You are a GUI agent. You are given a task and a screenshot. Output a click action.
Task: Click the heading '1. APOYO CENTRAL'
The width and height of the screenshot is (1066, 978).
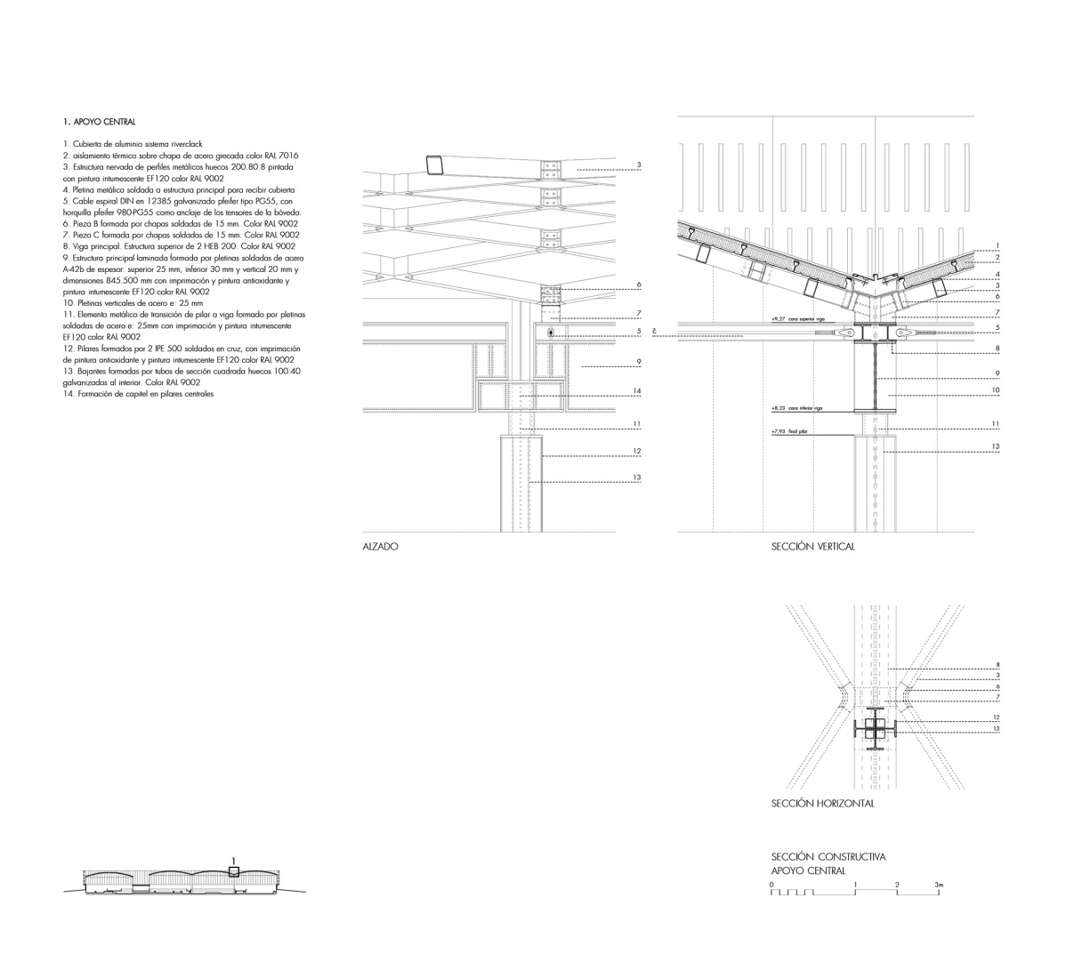pos(99,121)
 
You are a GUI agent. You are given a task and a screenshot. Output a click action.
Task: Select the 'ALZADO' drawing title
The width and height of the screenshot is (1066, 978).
pos(380,548)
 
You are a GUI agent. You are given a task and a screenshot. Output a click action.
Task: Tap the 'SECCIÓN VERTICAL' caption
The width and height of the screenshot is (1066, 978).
pos(812,548)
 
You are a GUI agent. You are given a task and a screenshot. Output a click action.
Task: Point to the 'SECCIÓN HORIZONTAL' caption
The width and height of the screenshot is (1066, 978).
pos(822,804)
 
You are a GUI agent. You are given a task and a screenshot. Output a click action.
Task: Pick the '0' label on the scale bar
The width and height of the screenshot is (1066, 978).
pos(772,886)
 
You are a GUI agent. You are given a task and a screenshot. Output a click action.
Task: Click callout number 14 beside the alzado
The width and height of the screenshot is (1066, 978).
pos(637,391)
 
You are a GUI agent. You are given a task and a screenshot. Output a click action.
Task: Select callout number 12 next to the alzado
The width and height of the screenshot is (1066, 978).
pos(637,452)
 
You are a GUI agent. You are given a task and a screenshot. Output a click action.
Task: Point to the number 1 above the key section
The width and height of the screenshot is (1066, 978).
pos(233,860)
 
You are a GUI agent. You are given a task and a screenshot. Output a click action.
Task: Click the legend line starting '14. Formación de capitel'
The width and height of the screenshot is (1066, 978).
pos(139,394)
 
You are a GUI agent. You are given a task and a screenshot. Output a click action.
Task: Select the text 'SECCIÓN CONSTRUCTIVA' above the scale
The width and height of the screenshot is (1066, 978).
pos(828,857)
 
